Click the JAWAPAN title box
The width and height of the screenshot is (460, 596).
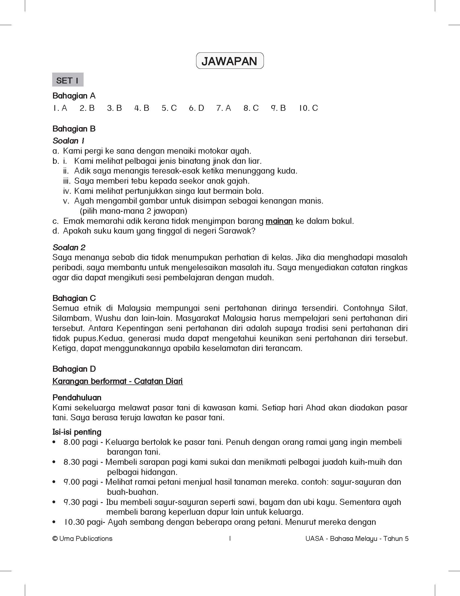pyautogui.click(x=230, y=61)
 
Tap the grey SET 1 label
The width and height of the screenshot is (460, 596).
pyautogui.click(x=68, y=80)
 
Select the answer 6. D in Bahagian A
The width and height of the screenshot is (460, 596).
pyautogui.click(x=196, y=108)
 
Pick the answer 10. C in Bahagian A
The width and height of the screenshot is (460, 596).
pyautogui.click(x=309, y=108)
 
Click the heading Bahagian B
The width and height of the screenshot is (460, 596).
pyautogui.click(x=74, y=129)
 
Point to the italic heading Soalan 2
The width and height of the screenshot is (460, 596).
pyautogui.click(x=69, y=248)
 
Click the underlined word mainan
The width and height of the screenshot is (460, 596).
pyautogui.click(x=279, y=221)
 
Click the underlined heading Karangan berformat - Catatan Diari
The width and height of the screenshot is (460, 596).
pyautogui.click(x=117, y=381)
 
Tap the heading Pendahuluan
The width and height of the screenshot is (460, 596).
pyautogui.click(x=77, y=397)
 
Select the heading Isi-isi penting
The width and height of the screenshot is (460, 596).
pyautogui.click(x=77, y=432)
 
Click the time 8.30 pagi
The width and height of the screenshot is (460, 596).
pyautogui.click(x=81, y=462)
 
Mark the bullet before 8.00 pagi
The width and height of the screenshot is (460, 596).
pyautogui.click(x=54, y=442)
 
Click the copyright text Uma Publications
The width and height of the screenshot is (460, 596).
pyautogui.click(x=82, y=539)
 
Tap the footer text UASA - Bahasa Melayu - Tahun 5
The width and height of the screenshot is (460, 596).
pyautogui.click(x=357, y=539)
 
